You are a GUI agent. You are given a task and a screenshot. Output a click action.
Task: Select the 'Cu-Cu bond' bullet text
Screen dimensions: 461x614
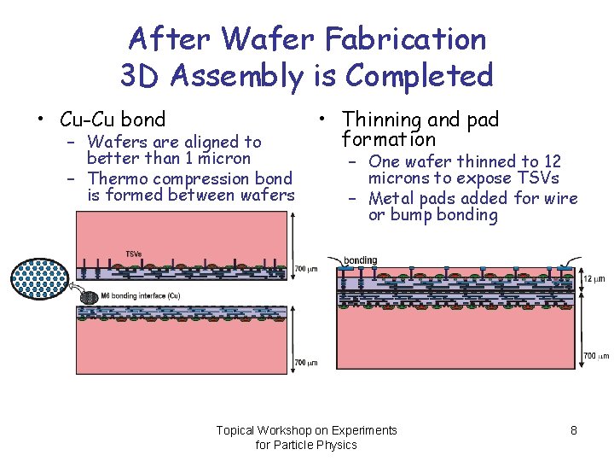113,120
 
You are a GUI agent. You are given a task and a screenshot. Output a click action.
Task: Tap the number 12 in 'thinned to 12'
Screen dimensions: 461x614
552,161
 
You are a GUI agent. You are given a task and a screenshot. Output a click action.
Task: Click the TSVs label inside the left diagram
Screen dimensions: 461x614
134,254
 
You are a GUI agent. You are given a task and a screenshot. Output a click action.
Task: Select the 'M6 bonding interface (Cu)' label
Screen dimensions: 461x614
141,295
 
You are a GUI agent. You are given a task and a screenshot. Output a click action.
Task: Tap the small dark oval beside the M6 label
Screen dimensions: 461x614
88,296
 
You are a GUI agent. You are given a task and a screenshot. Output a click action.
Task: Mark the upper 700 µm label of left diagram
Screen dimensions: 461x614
306,269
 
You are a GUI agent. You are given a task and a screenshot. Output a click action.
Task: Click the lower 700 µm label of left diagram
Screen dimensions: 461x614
306,362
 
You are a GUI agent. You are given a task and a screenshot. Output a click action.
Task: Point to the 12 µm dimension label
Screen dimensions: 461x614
594,279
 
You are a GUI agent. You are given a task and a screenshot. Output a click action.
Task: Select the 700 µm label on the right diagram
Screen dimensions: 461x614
595,355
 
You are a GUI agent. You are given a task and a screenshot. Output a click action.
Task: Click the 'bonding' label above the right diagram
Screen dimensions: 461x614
360,260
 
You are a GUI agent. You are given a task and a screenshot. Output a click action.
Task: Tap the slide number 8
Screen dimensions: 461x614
574,430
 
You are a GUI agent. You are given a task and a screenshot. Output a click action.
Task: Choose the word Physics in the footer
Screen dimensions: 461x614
337,445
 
